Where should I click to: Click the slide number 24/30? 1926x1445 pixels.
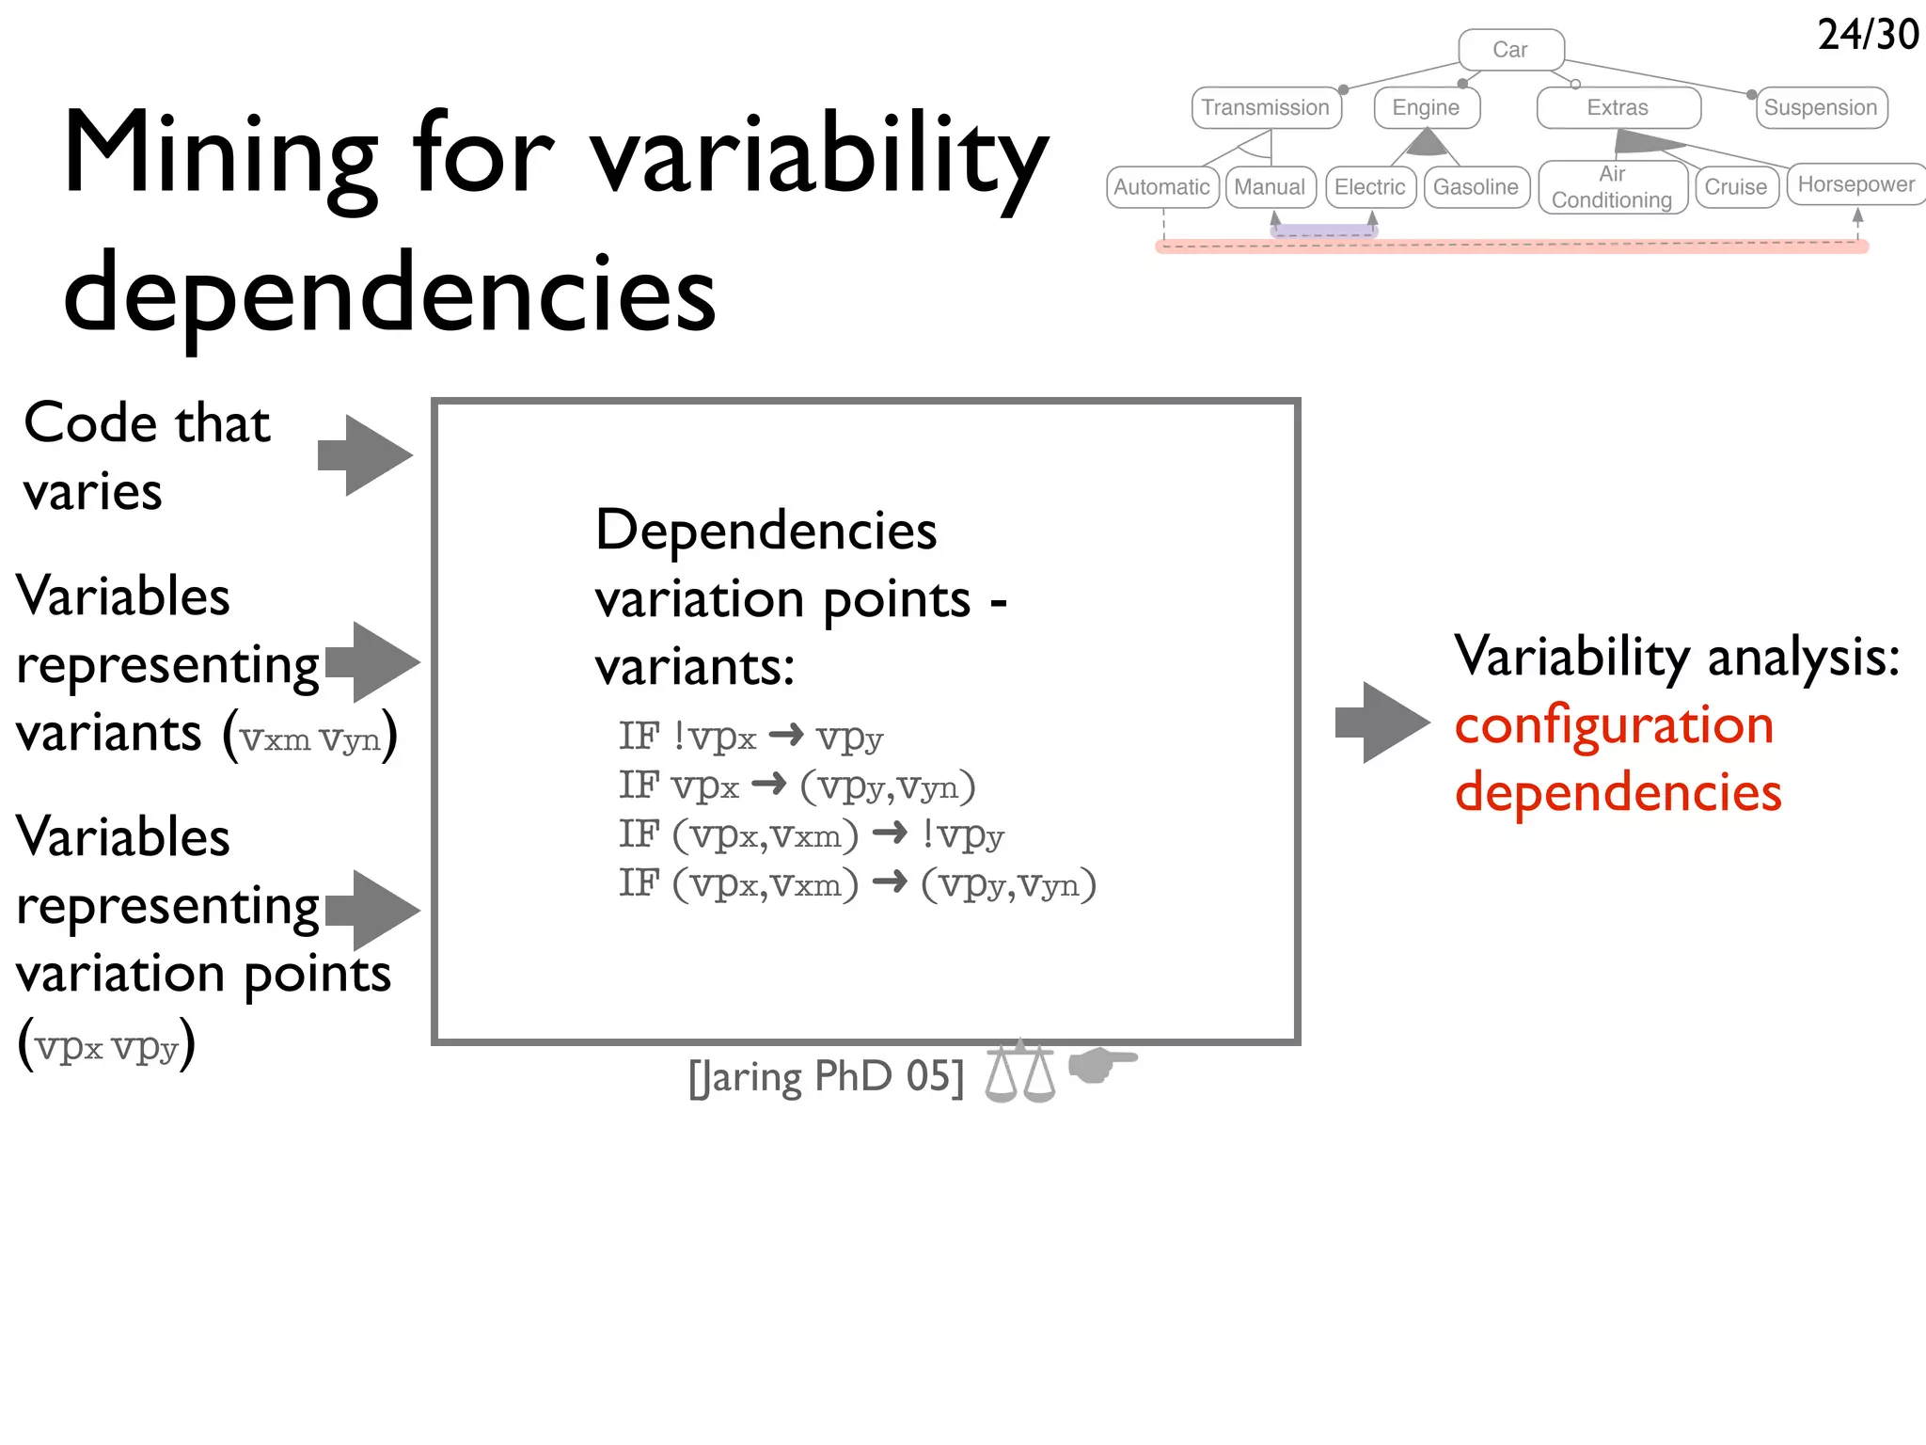coord(1868,35)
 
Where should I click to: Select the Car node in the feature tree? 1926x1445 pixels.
coord(1510,50)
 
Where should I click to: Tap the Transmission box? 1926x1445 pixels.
coord(1266,107)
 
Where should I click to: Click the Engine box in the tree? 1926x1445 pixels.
coord(1426,107)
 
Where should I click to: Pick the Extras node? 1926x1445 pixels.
coord(1618,107)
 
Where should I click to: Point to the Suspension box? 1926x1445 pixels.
coord(1821,107)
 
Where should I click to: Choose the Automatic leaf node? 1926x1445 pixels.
coord(1162,187)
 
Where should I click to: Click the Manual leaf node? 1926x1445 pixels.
coord(1270,187)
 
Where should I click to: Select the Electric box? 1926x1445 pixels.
coord(1370,187)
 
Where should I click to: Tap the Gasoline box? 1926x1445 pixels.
coord(1476,187)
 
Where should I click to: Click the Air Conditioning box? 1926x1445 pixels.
coord(1612,187)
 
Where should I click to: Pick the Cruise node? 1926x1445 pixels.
coord(1736,187)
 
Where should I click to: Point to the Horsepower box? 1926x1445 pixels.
coord(1856,184)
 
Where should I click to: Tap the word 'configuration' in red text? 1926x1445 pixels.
coord(1614,725)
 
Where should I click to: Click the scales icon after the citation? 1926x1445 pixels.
coord(1020,1072)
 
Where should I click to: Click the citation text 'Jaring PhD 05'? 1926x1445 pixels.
coord(826,1076)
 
